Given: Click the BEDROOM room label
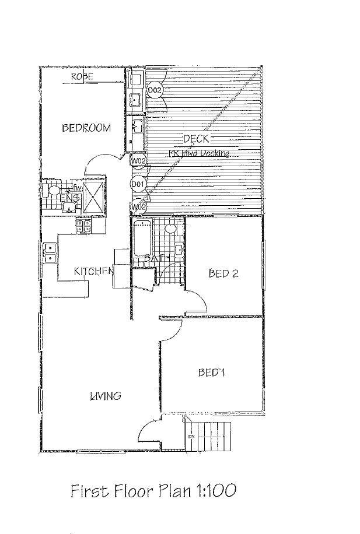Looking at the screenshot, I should pos(86,128).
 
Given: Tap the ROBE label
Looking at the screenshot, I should pos(84,77).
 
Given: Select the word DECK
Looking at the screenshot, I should pos(196,139).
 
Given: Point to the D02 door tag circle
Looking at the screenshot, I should pos(154,90).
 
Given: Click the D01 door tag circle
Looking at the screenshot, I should pos(138,185).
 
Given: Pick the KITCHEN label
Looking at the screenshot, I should pos(93,271).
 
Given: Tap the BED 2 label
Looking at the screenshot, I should pos(223,273).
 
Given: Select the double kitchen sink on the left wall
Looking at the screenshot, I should pos(50,252).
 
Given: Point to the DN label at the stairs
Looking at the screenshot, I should pos(191,436).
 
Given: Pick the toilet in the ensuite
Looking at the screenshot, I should pos(51,190).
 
